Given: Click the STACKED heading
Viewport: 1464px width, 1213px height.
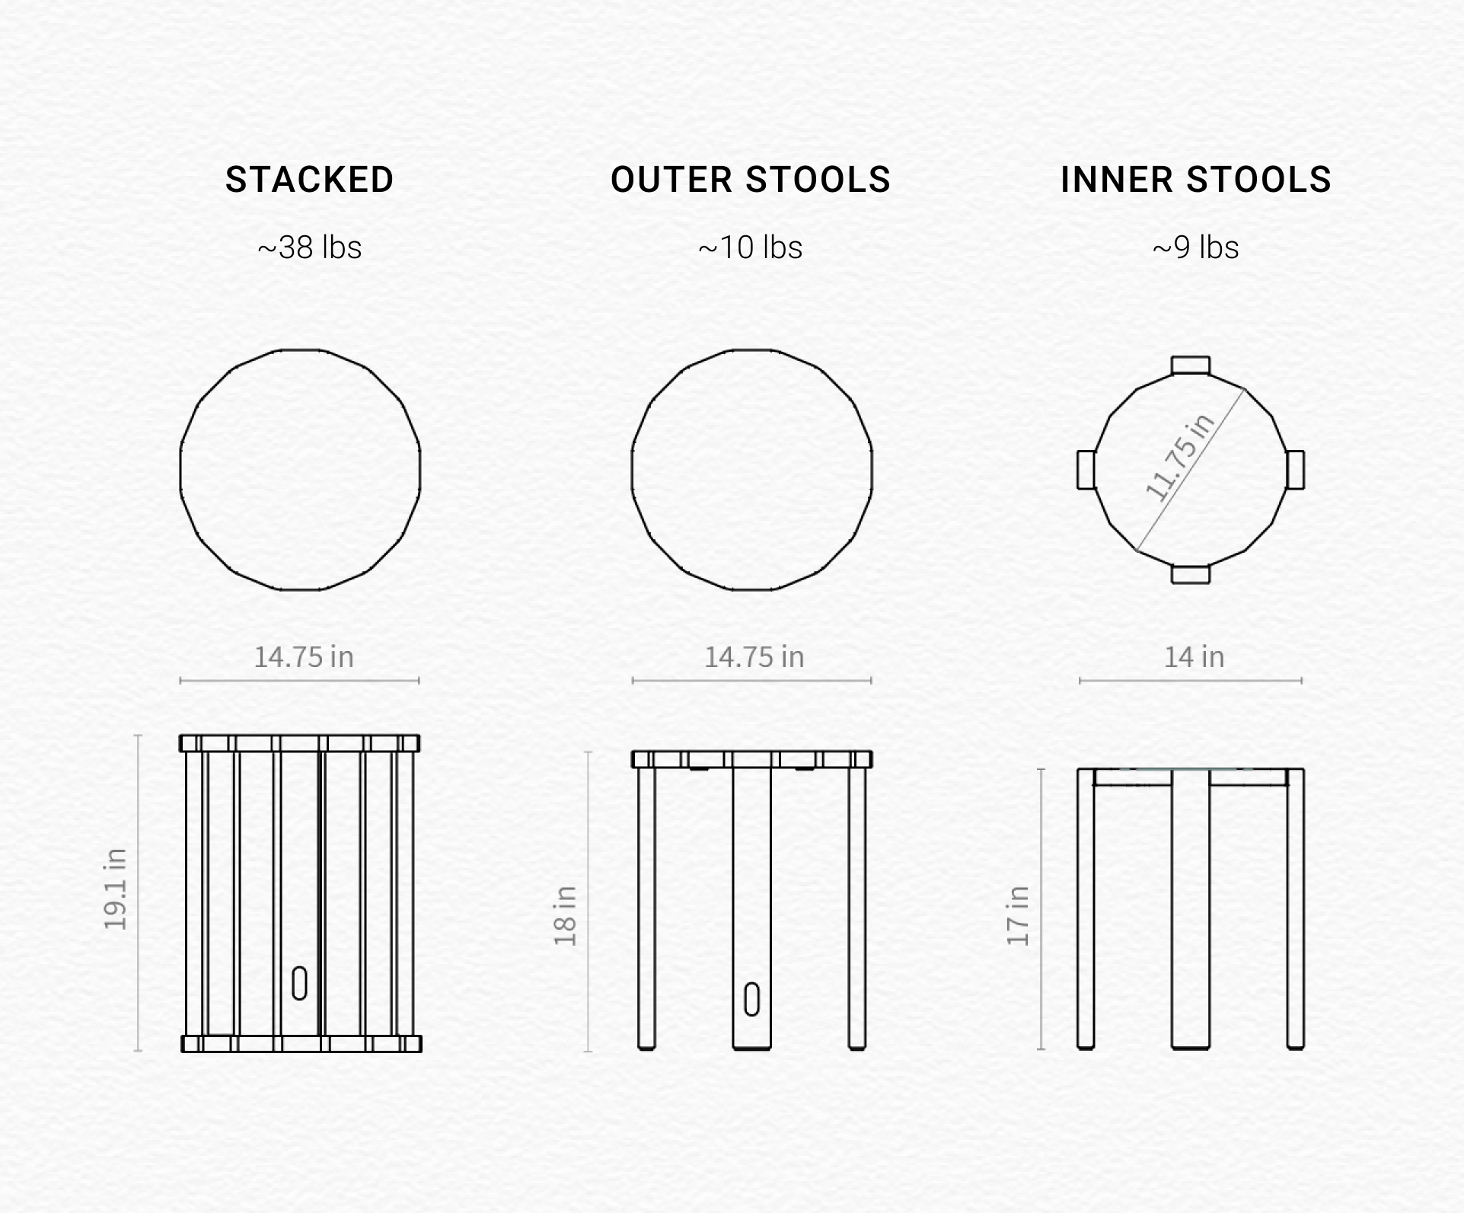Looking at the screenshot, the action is (x=309, y=180).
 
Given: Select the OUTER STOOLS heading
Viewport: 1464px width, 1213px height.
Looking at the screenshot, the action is (x=751, y=180).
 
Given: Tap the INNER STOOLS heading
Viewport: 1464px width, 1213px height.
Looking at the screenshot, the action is (x=1195, y=180).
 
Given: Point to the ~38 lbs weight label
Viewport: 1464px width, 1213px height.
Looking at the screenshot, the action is (x=309, y=247).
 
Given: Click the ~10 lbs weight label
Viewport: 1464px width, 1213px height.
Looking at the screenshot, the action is (x=751, y=247).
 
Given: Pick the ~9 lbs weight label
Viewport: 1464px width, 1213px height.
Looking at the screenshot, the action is (x=1195, y=247).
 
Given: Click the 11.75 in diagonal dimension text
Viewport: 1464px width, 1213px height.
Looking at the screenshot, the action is (x=1179, y=458).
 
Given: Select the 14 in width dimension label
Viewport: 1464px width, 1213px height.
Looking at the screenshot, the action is (x=1194, y=656).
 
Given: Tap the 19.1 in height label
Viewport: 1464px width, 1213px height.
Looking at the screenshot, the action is (x=115, y=889).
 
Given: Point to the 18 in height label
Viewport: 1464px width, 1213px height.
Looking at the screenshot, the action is (x=565, y=916).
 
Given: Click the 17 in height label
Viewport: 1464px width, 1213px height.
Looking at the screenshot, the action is (x=1018, y=916).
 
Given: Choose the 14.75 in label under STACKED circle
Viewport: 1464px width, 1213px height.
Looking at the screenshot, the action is (x=304, y=656).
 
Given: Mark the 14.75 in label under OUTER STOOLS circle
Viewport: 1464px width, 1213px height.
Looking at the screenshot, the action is (x=754, y=656).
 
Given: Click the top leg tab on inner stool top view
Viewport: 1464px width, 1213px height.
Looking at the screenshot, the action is (x=1191, y=365).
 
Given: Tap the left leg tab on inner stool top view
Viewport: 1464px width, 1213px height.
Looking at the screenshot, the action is (x=1086, y=470).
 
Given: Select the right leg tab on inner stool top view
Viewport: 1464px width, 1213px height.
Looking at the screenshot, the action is (x=1295, y=470).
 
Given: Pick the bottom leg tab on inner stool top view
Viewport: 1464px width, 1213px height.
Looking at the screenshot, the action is (x=1191, y=574).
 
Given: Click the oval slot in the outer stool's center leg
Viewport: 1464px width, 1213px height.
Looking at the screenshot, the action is (x=751, y=999).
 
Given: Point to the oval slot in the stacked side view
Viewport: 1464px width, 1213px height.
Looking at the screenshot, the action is (x=299, y=983).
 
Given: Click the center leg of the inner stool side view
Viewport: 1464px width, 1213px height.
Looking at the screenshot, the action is (x=1191, y=909).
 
